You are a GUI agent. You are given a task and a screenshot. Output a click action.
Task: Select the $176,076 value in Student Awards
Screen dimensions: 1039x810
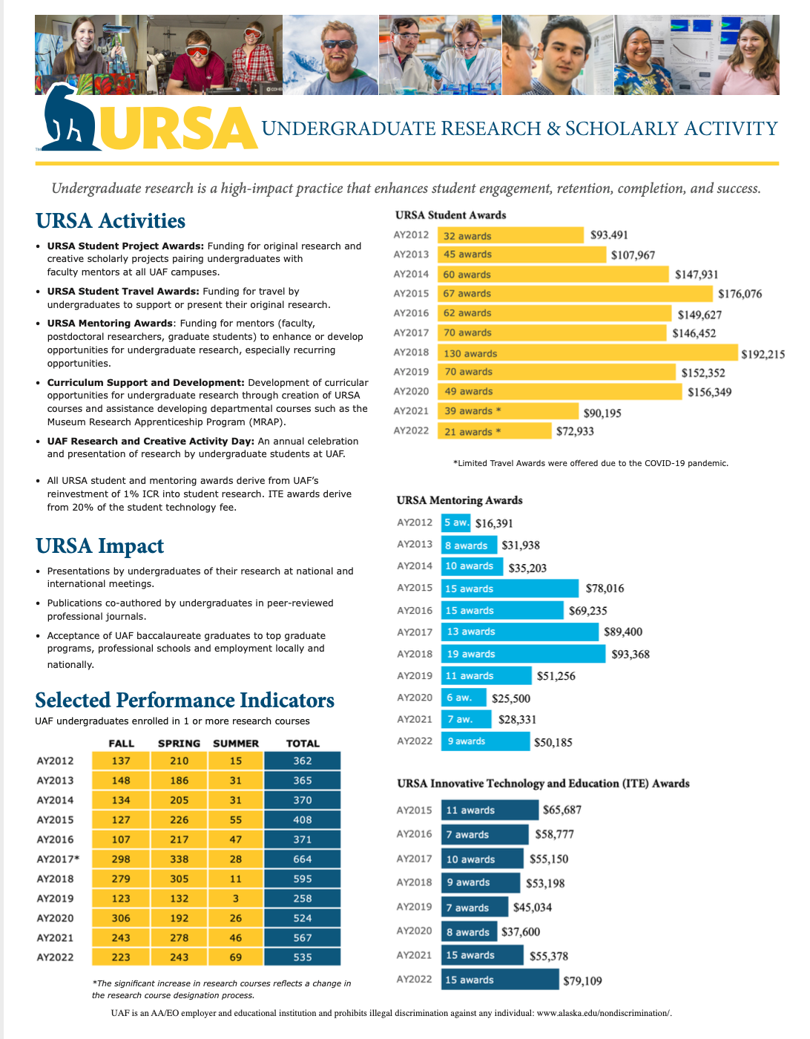[x=740, y=294]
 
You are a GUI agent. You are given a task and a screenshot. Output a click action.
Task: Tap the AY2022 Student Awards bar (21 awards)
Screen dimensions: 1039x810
[x=495, y=431]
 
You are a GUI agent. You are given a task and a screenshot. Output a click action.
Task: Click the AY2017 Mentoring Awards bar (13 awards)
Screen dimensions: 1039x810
[x=520, y=632]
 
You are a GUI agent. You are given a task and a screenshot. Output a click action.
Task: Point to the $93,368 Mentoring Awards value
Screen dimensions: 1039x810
[x=630, y=655]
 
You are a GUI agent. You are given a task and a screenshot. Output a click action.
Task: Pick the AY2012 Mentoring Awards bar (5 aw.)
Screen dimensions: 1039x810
[x=456, y=522]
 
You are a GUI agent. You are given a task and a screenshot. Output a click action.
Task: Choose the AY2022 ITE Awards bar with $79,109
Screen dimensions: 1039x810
[x=501, y=980]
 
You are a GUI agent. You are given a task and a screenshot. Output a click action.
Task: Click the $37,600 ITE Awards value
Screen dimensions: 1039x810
[x=521, y=932]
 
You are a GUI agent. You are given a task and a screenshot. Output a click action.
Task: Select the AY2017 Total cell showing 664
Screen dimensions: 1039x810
[x=302, y=859]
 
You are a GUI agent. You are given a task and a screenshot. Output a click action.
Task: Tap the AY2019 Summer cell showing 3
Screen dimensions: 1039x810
[x=236, y=899]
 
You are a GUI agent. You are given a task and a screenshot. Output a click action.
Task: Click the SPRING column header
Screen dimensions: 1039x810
[x=179, y=744]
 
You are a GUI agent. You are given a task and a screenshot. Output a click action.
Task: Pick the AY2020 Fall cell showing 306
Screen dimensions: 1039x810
[x=121, y=918]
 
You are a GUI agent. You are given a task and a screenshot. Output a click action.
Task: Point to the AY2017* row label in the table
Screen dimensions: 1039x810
[x=58, y=859]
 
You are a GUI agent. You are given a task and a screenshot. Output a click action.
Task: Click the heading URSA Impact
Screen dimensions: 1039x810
[x=100, y=546]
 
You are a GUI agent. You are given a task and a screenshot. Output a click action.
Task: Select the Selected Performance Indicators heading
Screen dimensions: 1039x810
[x=185, y=701]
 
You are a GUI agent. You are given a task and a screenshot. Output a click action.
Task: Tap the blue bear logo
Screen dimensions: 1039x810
[x=69, y=120]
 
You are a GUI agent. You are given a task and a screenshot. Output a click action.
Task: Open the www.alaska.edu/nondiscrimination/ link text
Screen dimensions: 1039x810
[x=604, y=1013]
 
